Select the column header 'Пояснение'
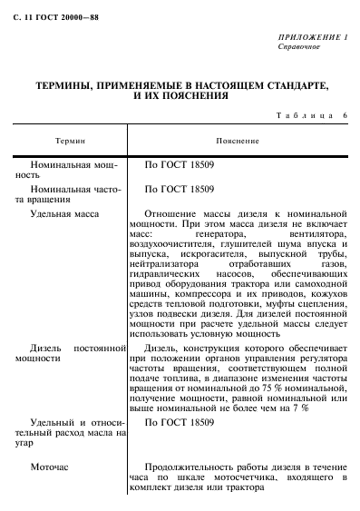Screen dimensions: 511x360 (x=238, y=142)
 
